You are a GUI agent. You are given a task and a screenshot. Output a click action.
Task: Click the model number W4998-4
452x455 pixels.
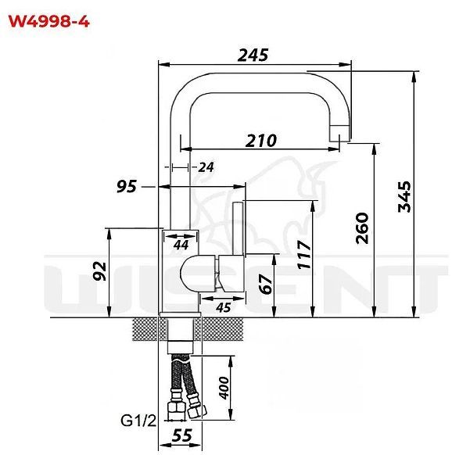pyautogui.click(x=48, y=21)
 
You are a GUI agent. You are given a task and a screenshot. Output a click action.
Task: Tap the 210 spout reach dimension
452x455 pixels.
pyautogui.click(x=260, y=140)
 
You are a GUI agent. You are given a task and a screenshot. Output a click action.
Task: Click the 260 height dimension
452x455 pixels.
pyautogui.click(x=362, y=227)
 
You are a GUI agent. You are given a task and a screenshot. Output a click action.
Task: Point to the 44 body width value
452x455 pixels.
pyautogui.click(x=181, y=245)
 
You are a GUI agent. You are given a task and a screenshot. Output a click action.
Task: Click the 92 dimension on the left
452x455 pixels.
pyautogui.click(x=99, y=271)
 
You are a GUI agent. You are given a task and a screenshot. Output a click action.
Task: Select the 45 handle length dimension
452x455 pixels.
pyautogui.click(x=222, y=307)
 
